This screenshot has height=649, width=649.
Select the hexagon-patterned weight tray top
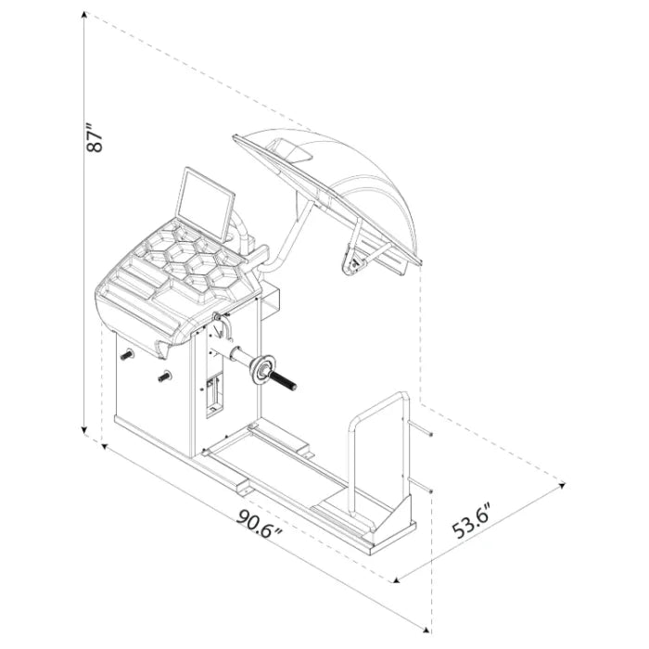[185, 264]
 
